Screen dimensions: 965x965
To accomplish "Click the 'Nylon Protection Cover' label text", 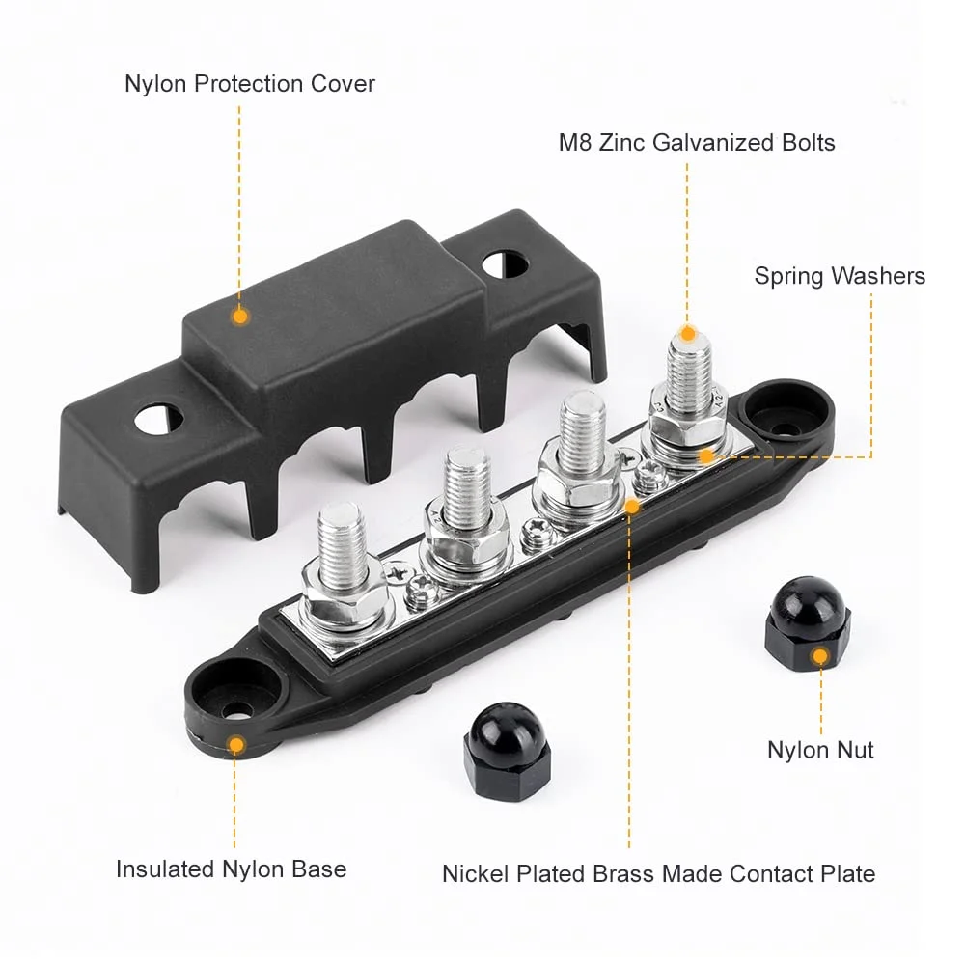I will pyautogui.click(x=250, y=84).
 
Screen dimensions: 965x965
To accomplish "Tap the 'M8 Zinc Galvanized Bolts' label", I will pyautogui.click(x=697, y=143).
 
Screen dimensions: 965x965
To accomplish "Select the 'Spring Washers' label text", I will pyautogui.click(x=840, y=277).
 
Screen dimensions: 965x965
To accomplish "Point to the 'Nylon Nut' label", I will pyautogui.click(x=820, y=750).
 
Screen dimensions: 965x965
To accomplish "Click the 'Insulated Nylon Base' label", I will pyautogui.click(x=231, y=869).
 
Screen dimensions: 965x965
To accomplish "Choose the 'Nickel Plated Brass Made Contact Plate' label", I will pyautogui.click(x=658, y=874).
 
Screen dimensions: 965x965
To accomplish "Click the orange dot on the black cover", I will pyautogui.click(x=240, y=315).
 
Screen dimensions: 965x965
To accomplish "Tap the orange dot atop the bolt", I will pyautogui.click(x=688, y=334).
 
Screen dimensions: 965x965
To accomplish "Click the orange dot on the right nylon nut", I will pyautogui.click(x=819, y=657).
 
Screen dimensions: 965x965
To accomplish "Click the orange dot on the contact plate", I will pyautogui.click(x=632, y=505).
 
